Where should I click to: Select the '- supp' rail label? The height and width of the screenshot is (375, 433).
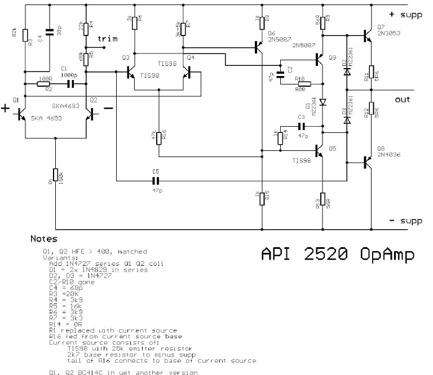pos(405,221)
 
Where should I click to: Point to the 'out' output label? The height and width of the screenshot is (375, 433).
pos(402,99)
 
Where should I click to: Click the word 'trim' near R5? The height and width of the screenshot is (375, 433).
pos(108,39)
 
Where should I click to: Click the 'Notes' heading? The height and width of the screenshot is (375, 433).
pos(44,239)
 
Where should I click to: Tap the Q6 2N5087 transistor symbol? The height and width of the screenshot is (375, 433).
pos(259,47)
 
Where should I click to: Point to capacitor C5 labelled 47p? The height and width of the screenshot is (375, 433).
pos(157,181)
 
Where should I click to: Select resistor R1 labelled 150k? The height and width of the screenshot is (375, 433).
pos(55,176)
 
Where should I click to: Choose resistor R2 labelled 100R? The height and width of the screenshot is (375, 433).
pos(44,84)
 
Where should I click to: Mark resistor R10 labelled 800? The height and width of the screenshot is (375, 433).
pos(304,84)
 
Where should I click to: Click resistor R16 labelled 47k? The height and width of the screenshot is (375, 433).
pos(158,136)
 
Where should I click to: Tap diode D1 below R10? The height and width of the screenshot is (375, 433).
pos(322,102)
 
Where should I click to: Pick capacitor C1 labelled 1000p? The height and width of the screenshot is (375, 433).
pos(70,84)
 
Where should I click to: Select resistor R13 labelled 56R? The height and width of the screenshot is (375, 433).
pos(322,202)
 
